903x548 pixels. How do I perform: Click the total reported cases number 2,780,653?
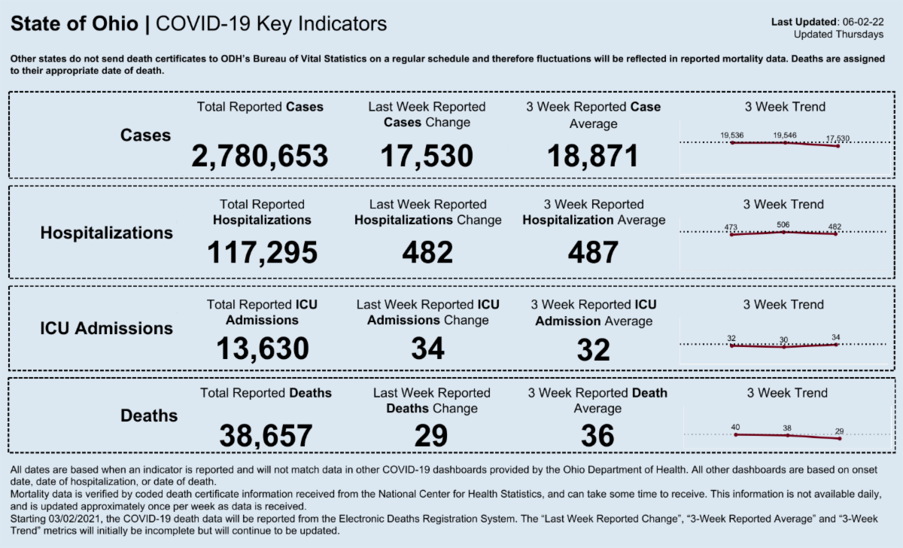pyautogui.click(x=260, y=156)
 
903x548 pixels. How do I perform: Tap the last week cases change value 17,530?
pyautogui.click(x=427, y=156)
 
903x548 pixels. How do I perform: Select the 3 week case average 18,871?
pyautogui.click(x=593, y=156)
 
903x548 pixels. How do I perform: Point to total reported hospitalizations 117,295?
pyautogui.click(x=262, y=253)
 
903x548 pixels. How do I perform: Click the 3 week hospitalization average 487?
pyautogui.click(x=593, y=253)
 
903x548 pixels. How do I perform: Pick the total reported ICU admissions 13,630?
pyautogui.click(x=263, y=349)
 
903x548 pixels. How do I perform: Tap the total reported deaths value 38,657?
pyautogui.click(x=266, y=435)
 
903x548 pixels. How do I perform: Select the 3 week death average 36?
pyautogui.click(x=597, y=435)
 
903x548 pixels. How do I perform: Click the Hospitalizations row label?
pyautogui.click(x=106, y=233)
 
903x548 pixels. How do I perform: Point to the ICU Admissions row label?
pyautogui.click(x=106, y=329)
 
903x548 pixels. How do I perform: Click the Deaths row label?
pyautogui.click(x=149, y=416)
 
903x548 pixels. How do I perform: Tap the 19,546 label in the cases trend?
pyautogui.click(x=785, y=135)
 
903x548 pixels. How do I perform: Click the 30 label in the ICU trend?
pyautogui.click(x=784, y=339)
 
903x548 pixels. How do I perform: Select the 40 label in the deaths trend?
pyautogui.click(x=735, y=428)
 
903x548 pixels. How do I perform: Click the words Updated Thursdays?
pyautogui.click(x=838, y=35)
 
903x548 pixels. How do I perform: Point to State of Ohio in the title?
pyautogui.click(x=74, y=24)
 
